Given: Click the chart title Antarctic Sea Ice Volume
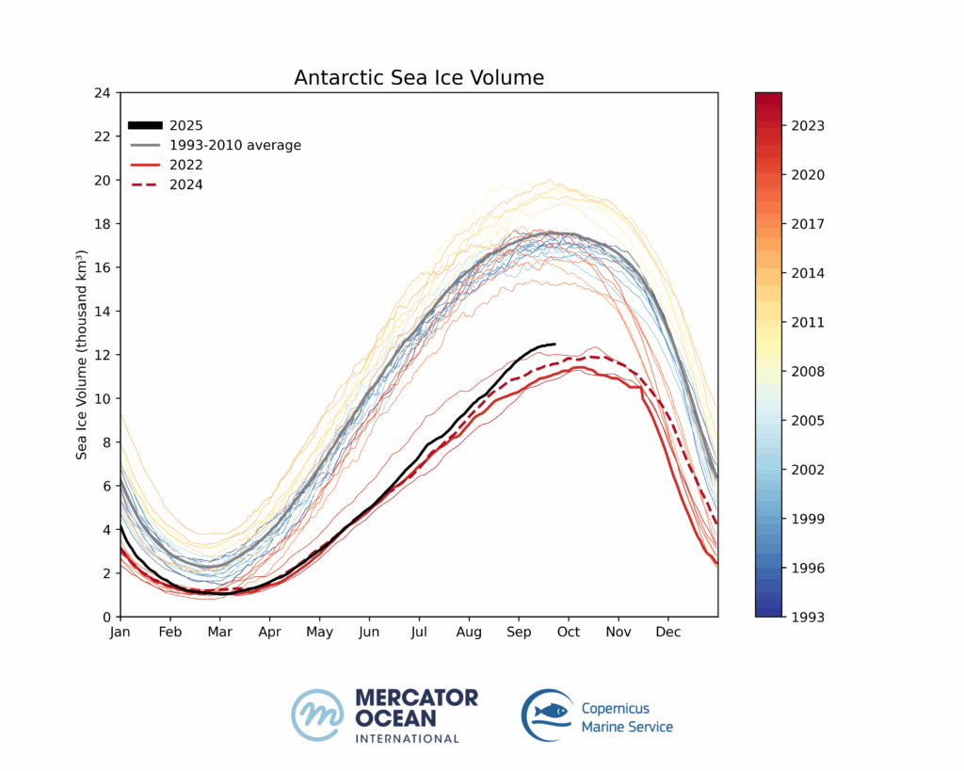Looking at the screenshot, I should coord(419,77).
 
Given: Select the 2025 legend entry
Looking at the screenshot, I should coord(186,125).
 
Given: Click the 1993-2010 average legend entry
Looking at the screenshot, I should coord(234,145).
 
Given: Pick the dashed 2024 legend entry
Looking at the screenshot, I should coord(186,185).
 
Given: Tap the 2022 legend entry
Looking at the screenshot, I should coord(186,165).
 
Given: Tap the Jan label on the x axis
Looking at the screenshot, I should coord(120,632).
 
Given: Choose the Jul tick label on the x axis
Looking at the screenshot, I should coord(419,632).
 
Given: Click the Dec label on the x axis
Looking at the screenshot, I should coord(668,632).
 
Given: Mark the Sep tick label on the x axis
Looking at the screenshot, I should coord(519,632).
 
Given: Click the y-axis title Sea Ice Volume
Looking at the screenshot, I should coord(83,355).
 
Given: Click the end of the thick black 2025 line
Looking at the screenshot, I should coord(554,345).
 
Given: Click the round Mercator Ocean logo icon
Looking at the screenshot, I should coord(317,715).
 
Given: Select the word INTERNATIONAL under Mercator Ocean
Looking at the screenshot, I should coord(407,738).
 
